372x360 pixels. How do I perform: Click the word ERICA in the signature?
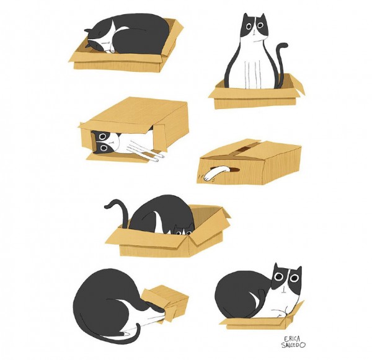(x=291, y=338)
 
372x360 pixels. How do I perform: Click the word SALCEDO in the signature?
(x=293, y=345)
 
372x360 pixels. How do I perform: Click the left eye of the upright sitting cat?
(x=249, y=26)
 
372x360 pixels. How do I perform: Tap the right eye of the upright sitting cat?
(x=260, y=25)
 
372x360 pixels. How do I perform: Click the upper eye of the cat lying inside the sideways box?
(x=103, y=136)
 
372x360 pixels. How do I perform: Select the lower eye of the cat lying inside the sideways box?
(x=104, y=147)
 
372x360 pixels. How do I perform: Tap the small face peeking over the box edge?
(x=184, y=230)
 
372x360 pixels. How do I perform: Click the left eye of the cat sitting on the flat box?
(x=279, y=276)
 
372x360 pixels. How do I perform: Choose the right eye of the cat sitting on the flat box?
(x=294, y=278)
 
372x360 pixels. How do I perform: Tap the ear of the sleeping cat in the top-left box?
(x=87, y=30)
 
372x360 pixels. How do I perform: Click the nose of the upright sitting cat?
(x=254, y=33)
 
